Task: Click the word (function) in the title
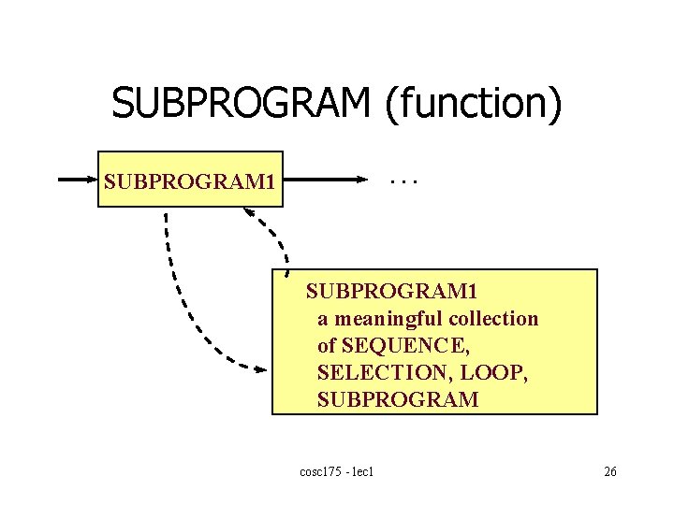tap(473, 104)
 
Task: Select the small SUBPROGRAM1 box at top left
tap(190, 179)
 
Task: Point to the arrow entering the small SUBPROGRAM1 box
tap(80, 178)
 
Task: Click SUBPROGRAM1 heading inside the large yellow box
tap(391, 291)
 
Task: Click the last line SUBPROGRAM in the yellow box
tap(398, 400)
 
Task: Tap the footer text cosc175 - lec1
tap(338, 471)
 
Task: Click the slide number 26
tap(609, 471)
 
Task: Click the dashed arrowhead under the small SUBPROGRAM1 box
tap(251, 212)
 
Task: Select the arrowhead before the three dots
tap(360, 178)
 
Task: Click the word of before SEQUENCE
tap(326, 345)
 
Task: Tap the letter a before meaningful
tap(322, 319)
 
